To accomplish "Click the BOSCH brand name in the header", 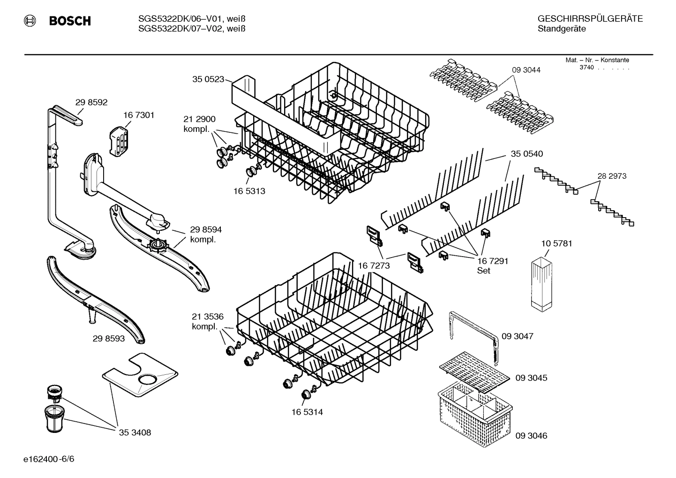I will pos(69,21).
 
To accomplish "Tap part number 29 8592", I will pos(91,102).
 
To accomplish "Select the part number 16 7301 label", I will pos(139,115).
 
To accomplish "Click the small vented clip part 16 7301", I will pos(119,140).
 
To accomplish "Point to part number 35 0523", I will pos(208,79).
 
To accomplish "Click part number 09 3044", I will pos(526,70).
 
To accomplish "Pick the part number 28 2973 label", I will pos(612,176).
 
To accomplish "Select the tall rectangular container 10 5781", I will pos(543,284).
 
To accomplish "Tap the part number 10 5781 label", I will pos(556,243).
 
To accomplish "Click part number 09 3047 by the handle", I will pos(518,336).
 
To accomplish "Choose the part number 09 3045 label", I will pos(531,378).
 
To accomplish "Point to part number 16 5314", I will pos(307,412).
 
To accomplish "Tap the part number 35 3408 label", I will pos(135,432).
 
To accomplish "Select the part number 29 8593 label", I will pos(109,338).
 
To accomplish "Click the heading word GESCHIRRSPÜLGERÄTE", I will pos(590,19).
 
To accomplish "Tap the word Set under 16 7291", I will pos(483,271).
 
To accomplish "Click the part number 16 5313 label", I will pos(249,191).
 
